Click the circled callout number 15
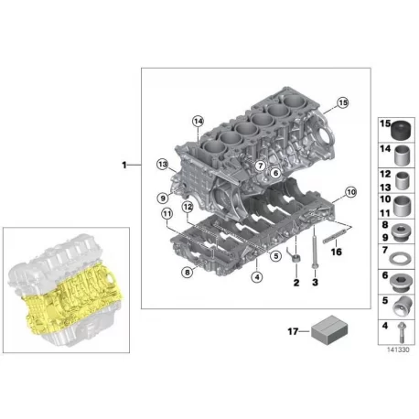tap(343, 102)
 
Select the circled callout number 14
tap(198, 122)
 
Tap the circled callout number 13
tap(163, 165)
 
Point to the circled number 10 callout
tap(351, 192)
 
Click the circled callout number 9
tap(163, 199)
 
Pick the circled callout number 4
tap(257, 277)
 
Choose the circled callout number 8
tap(188, 272)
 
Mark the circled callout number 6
tap(275, 173)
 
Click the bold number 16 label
tap(337, 252)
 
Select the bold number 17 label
tap(293, 331)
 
